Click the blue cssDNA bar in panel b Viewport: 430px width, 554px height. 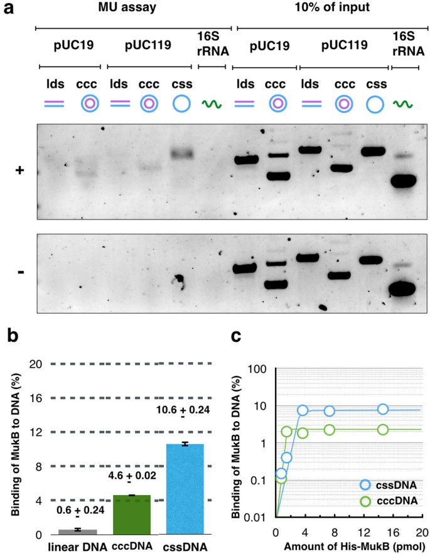pos(185,489)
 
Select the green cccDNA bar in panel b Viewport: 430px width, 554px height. pos(132,514)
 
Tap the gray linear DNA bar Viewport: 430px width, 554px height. pos(78,532)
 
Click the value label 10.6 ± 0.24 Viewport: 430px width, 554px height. pos(183,410)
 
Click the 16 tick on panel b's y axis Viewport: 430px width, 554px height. pos(35,398)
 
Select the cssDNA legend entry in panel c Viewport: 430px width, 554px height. pos(389,485)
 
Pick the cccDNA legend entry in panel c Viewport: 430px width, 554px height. pos(389,501)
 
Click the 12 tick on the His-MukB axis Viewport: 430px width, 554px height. pos(364,533)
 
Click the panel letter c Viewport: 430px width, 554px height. pos(235,336)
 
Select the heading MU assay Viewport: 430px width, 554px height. pos(127,7)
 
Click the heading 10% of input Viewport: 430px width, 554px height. pos(333,7)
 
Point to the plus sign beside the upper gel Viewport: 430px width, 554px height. pos(20,170)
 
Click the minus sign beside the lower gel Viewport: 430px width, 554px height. pos(21,272)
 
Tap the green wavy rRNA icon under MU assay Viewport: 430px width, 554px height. pos(212,104)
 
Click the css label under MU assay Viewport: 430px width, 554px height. pos(182,85)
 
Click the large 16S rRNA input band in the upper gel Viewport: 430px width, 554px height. pos(404,181)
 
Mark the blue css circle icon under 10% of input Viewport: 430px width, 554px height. pos(375,105)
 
